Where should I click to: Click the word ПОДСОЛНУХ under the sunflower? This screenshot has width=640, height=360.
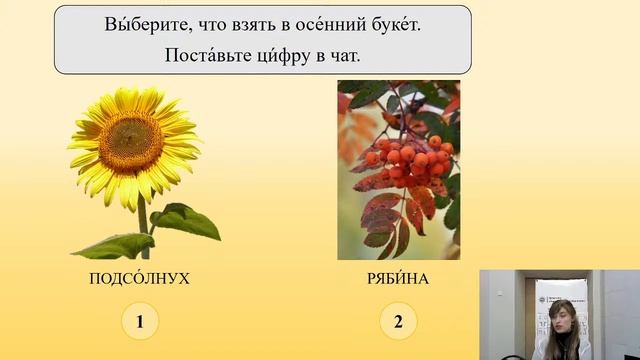(139, 279)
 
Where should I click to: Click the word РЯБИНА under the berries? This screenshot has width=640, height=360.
(398, 279)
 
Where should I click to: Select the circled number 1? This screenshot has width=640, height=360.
(140, 321)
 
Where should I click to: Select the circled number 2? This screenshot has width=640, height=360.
(398, 321)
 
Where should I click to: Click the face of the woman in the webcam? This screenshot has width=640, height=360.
(563, 319)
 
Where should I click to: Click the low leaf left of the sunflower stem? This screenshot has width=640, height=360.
(113, 245)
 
